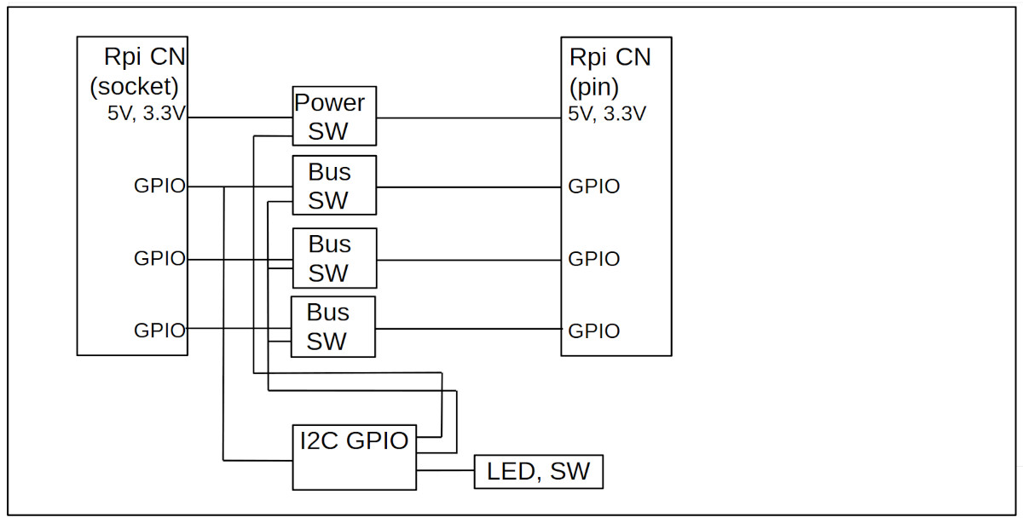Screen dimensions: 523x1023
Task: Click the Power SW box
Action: click(333, 115)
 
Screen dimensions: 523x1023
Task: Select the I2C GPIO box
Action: click(354, 457)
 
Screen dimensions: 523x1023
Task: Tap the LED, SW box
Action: click(538, 472)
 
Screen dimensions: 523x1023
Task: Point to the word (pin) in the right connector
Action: click(594, 85)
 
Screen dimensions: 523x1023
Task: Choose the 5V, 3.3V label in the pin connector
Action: click(607, 113)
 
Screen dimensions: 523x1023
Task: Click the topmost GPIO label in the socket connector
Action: click(159, 186)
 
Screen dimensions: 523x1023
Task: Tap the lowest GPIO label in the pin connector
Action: click(594, 330)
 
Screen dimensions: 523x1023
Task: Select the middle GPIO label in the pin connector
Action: click(594, 258)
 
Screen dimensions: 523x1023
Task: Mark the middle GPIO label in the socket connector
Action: click(159, 258)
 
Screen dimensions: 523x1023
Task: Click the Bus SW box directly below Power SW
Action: click(333, 186)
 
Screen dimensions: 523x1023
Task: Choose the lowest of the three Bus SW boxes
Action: click(332, 327)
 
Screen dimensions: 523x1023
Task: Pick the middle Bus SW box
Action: click(333, 258)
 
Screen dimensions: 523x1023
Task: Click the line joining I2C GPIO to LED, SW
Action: click(445, 469)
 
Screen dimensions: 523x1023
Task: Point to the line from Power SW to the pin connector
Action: click(468, 118)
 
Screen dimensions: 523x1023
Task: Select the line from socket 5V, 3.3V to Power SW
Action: click(240, 118)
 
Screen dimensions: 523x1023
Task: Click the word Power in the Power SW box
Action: click(329, 103)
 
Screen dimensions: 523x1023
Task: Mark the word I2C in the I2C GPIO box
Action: click(320, 440)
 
